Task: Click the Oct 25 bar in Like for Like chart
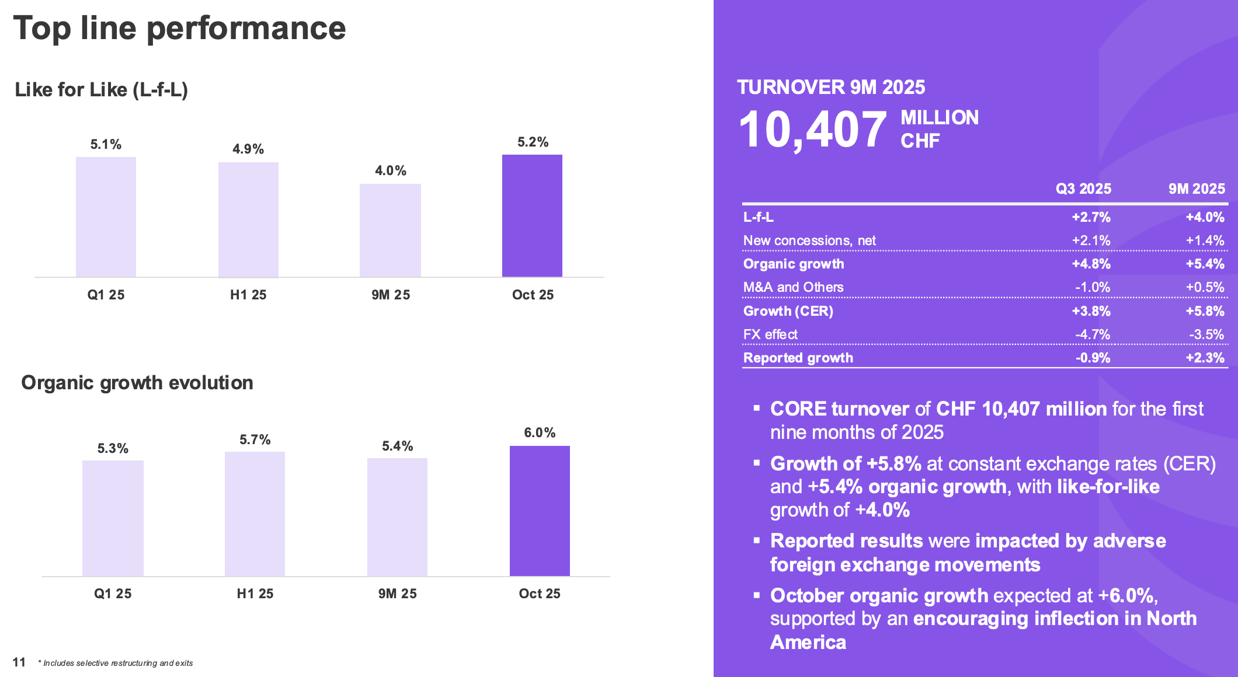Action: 532,216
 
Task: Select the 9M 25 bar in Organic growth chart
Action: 397,517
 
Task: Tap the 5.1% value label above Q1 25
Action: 106,144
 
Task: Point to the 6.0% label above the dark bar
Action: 540,432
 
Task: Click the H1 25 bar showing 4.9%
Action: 248,220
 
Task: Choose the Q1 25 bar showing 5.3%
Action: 113,518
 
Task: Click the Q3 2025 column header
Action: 1083,189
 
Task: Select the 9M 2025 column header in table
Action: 1197,189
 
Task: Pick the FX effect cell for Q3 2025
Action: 1093,334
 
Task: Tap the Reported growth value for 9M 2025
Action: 1205,358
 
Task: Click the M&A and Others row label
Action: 793,287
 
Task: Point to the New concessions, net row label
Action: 809,240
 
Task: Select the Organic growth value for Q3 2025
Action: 1091,264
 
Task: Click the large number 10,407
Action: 812,129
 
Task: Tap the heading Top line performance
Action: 179,28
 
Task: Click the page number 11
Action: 19,662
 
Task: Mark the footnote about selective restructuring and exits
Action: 116,663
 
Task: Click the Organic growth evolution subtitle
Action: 137,382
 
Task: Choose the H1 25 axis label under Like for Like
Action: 248,295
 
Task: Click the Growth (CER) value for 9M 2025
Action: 1205,311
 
